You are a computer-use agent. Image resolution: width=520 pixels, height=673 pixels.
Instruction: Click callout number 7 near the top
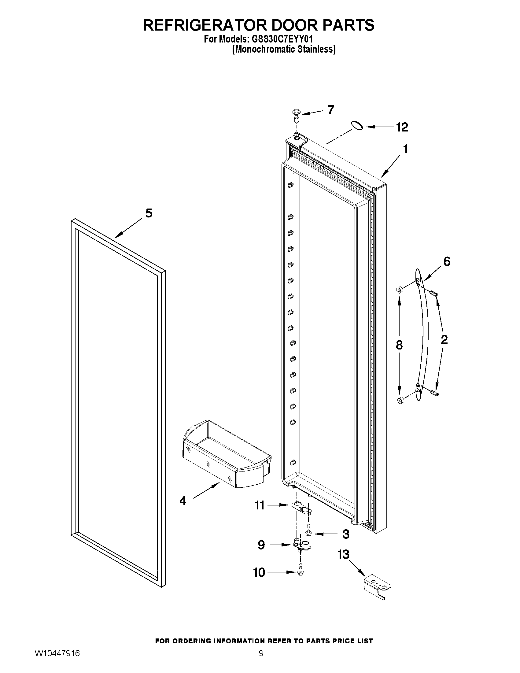(331, 110)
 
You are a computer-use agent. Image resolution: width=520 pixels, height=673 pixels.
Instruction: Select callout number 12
(402, 127)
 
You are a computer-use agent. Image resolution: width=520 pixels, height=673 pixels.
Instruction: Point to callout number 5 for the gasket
(149, 213)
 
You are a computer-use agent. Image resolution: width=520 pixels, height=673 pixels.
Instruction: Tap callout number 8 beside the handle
(399, 345)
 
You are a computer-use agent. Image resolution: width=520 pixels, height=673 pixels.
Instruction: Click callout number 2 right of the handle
(444, 340)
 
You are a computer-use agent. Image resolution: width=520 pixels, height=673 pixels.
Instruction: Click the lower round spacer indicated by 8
(400, 400)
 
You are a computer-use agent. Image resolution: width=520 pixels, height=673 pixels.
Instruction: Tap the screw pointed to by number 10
(301, 572)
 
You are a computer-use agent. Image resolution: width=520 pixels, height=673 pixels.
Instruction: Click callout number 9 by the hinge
(261, 545)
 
